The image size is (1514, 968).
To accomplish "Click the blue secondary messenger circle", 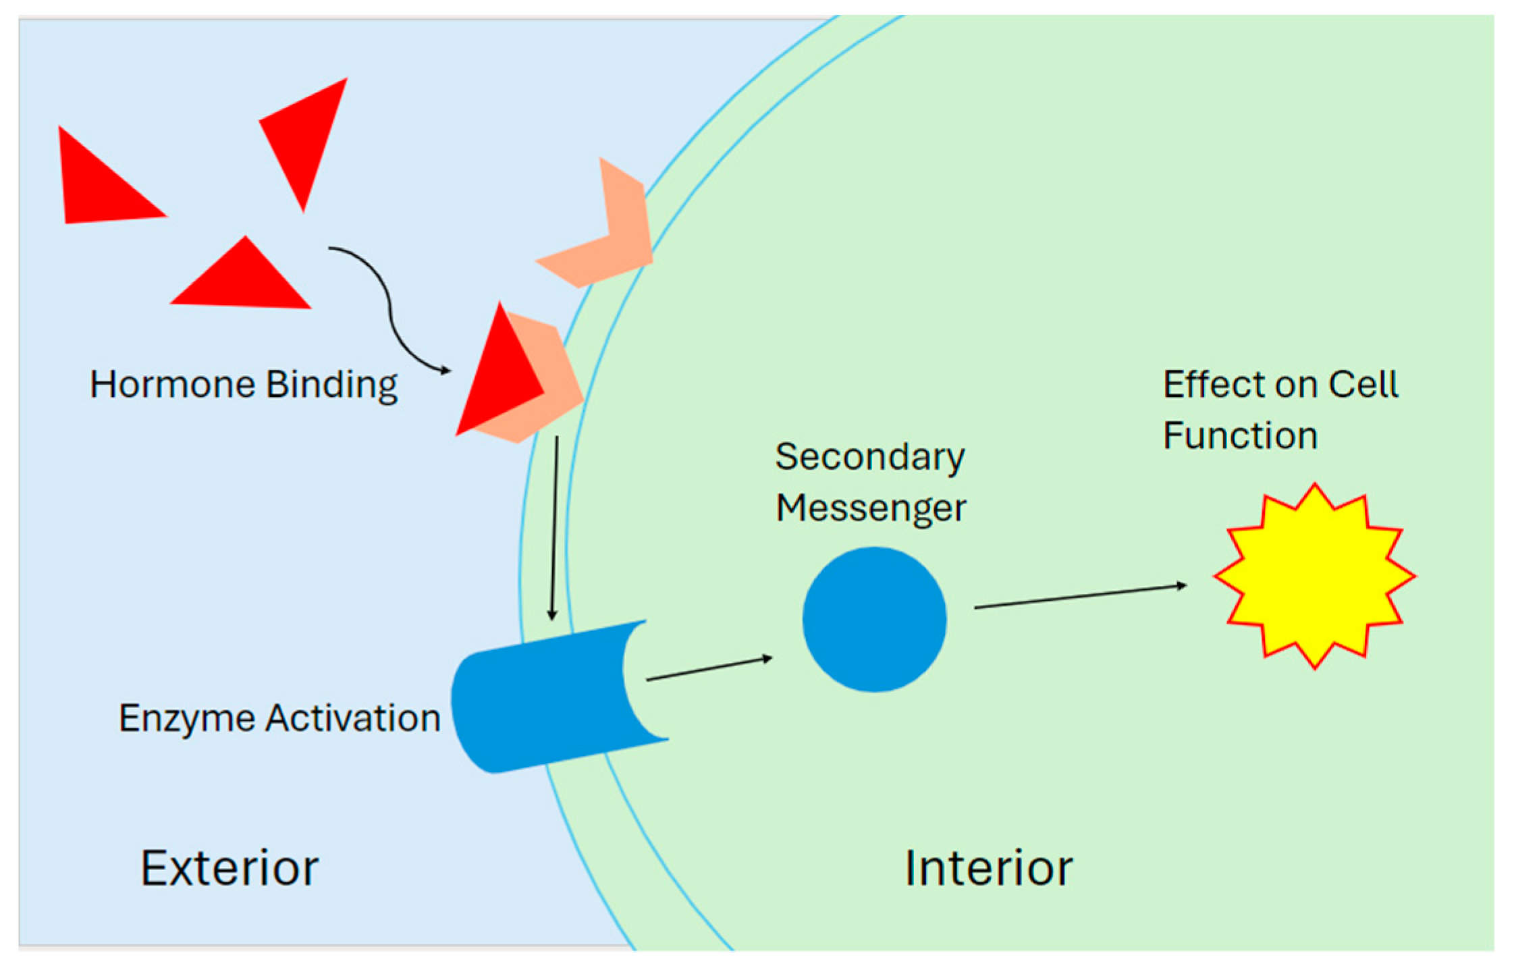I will (x=874, y=619).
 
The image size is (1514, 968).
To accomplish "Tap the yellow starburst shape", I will (x=1314, y=576).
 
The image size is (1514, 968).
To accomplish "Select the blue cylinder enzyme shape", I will (x=540, y=699).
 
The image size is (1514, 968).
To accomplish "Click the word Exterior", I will (x=229, y=868).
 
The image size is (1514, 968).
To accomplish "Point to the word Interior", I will (x=988, y=868).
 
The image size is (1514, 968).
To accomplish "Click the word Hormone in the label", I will (x=172, y=385).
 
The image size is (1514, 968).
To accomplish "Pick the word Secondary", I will (x=869, y=458).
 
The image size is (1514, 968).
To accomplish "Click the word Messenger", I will (x=871, y=508).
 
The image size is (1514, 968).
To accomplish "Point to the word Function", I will (x=1240, y=435).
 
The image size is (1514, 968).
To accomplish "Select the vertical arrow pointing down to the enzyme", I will (x=554, y=527).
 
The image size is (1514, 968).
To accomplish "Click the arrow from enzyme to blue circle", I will (x=709, y=668).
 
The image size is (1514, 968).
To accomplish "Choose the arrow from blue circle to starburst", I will (x=1080, y=596).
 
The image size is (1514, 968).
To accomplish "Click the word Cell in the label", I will (x=1363, y=385).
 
